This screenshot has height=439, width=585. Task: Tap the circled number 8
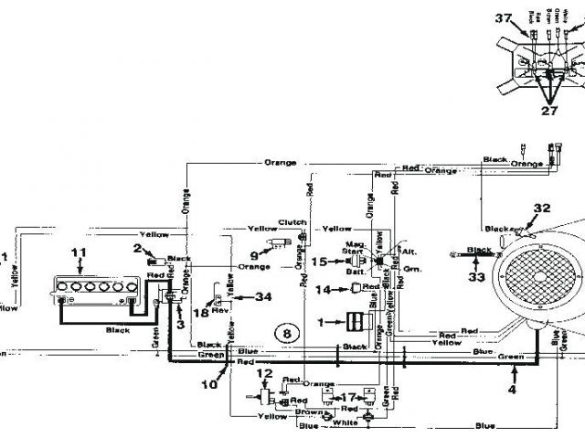click(286, 334)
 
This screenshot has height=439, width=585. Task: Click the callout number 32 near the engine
click(543, 208)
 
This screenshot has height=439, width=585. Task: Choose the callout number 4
click(513, 390)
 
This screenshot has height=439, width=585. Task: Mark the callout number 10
click(210, 385)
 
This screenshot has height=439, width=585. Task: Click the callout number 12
click(265, 373)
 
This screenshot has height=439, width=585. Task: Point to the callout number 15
click(318, 262)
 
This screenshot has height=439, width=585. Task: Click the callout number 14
click(322, 290)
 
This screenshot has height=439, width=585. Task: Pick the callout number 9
click(254, 255)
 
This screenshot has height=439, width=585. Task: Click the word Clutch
click(292, 221)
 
